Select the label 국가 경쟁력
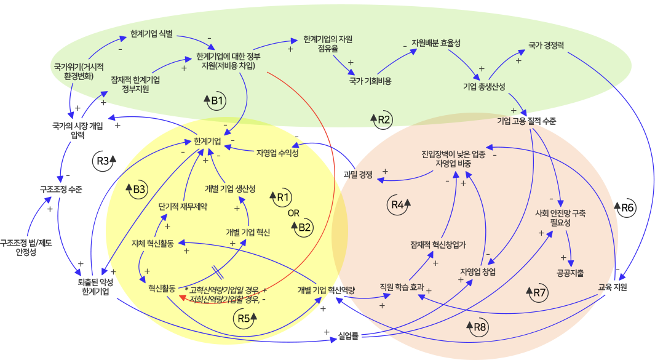pyautogui.click(x=546, y=45)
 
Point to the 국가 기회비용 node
pyautogui.click(x=370, y=81)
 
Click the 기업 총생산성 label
pyautogui.click(x=484, y=87)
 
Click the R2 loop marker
pyautogui.click(x=382, y=119)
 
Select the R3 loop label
pyautogui.click(x=103, y=161)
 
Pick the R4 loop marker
pyautogui.click(x=400, y=204)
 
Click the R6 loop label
pyautogui.click(x=627, y=208)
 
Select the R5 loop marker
pyautogui.click(x=245, y=318)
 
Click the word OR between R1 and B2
pyautogui.click(x=294, y=214)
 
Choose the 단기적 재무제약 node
pyautogui.click(x=183, y=206)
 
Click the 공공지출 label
pyautogui.click(x=570, y=273)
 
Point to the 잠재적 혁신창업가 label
pyautogui.click(x=438, y=244)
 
